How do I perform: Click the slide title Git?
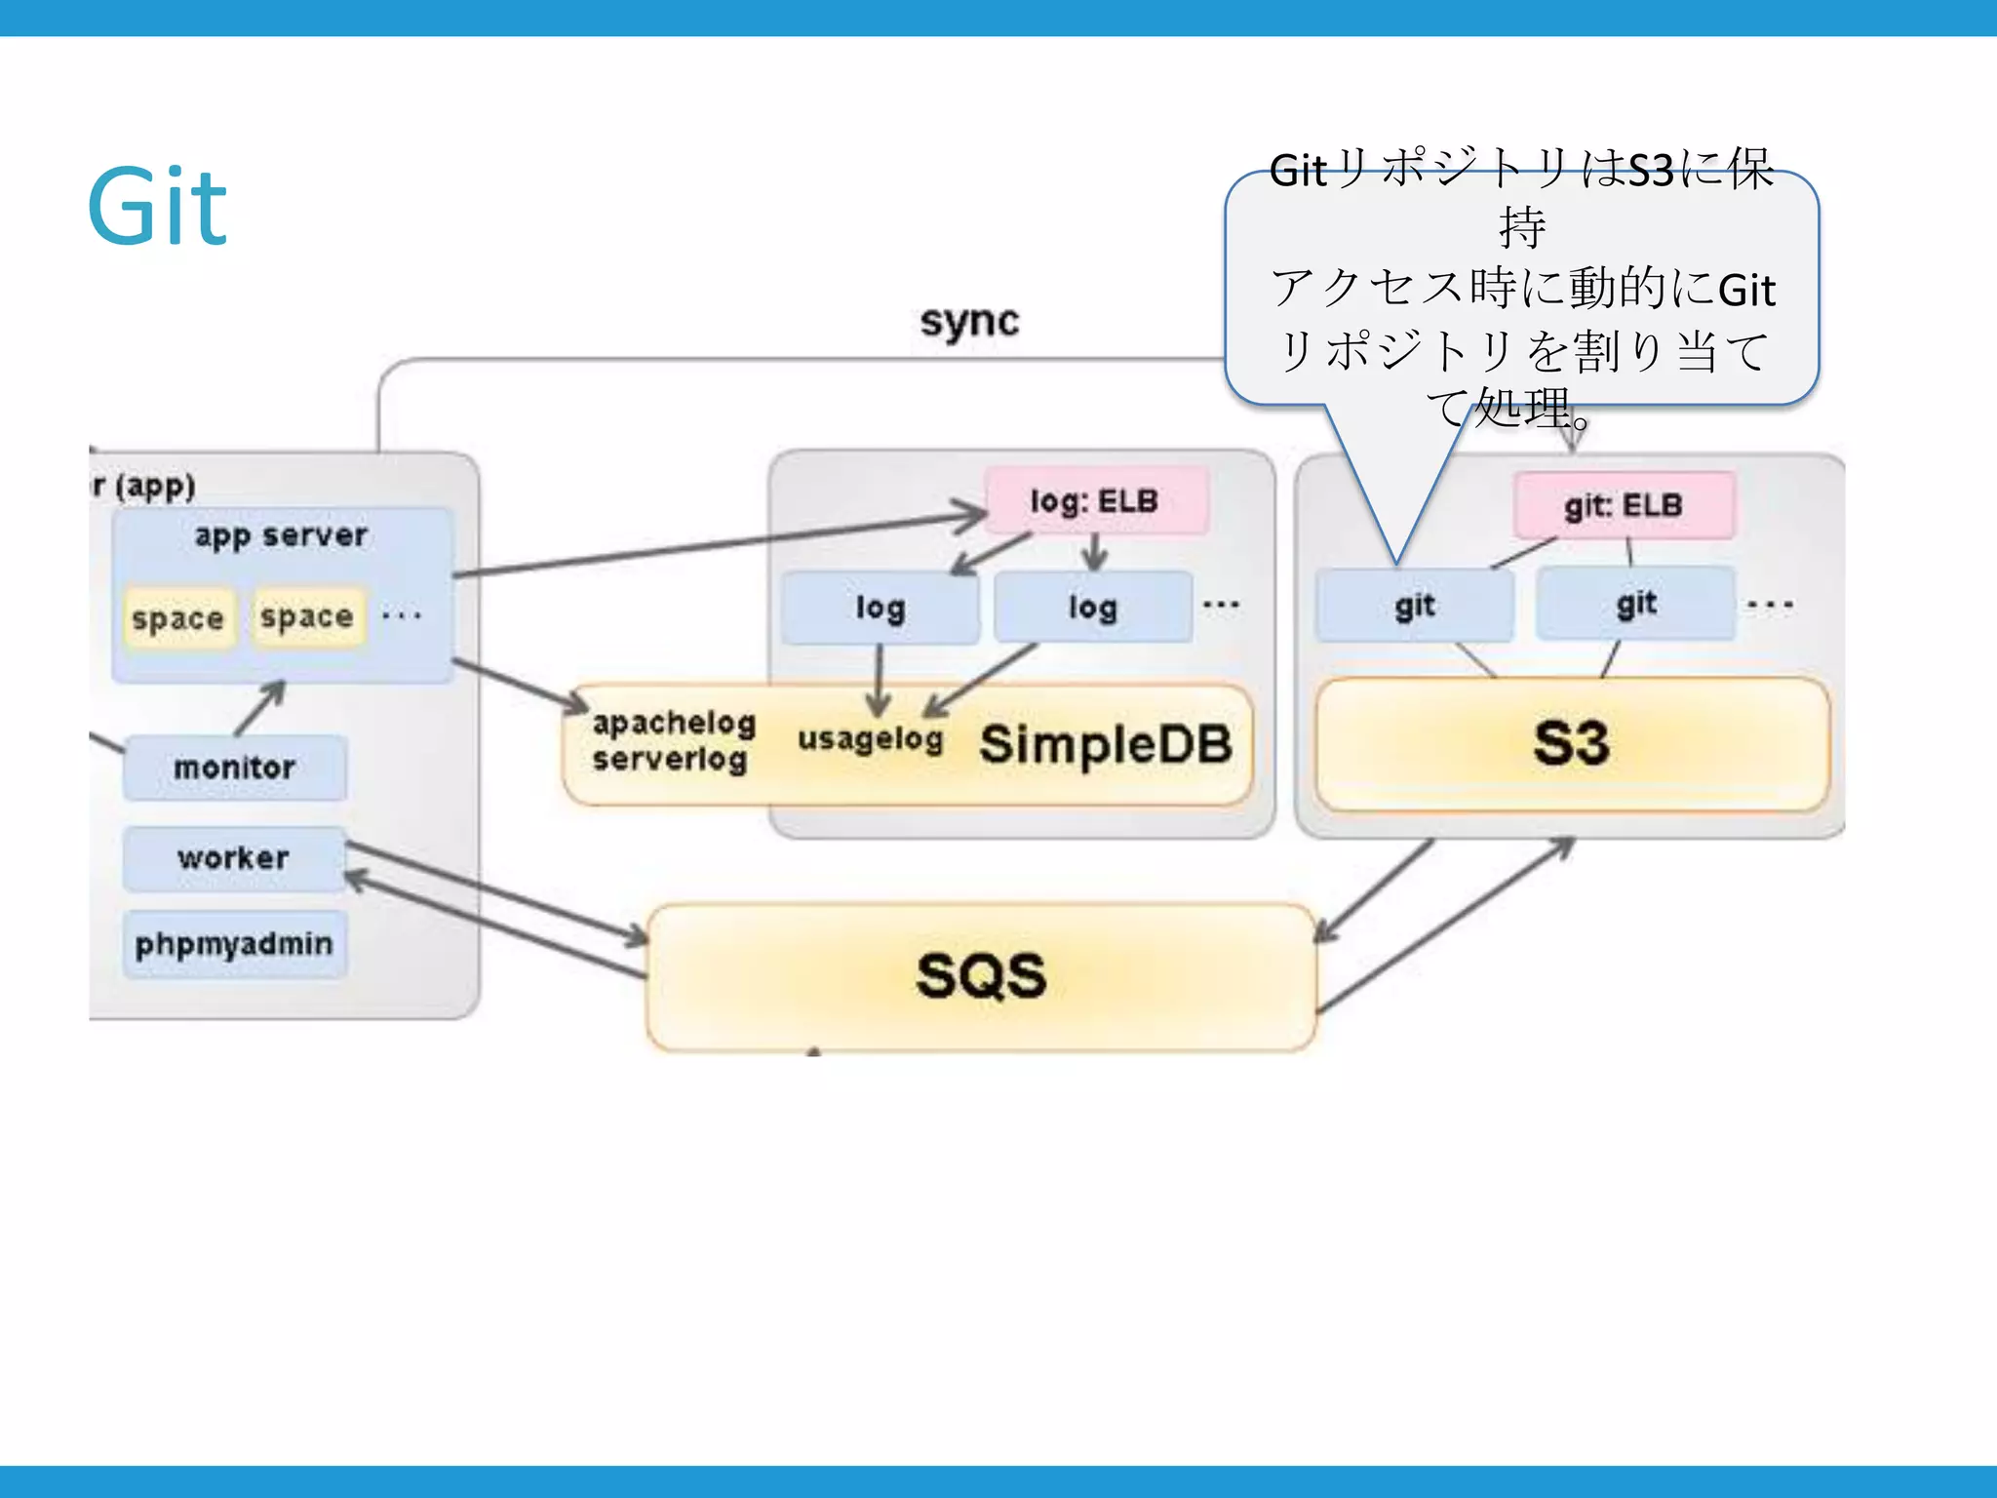(157, 206)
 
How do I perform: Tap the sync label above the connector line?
(968, 321)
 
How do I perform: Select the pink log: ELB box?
(1095, 501)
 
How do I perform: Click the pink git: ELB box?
(1624, 505)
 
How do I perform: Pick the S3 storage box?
(1571, 744)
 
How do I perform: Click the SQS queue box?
(981, 976)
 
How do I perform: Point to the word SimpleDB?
(1106, 745)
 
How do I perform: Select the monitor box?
(234, 768)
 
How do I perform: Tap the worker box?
(233, 858)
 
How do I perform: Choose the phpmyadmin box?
(234, 944)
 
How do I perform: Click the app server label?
(281, 535)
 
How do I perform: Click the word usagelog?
(870, 739)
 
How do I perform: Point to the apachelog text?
(674, 723)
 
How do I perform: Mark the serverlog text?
(669, 759)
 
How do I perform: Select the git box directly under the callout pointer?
(1414, 606)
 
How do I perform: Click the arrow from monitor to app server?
(260, 708)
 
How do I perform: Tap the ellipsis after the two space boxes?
(402, 615)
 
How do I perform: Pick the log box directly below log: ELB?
(1092, 608)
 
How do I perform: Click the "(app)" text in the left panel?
(155, 486)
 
